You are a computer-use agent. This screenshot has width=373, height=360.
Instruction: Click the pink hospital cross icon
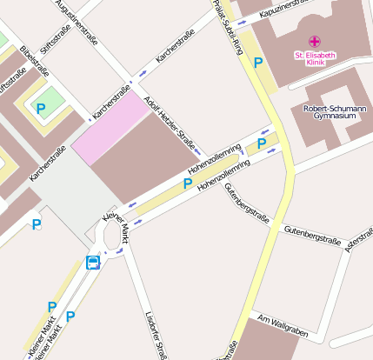[x=314, y=41]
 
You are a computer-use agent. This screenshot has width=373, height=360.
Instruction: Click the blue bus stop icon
[x=93, y=262]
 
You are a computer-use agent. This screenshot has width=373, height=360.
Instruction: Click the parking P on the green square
[x=40, y=108]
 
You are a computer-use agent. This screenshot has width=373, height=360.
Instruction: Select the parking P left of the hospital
[x=258, y=62]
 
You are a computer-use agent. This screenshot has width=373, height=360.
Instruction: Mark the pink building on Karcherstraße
[x=110, y=128]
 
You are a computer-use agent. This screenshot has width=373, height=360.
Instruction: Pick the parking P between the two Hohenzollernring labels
[x=187, y=183]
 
